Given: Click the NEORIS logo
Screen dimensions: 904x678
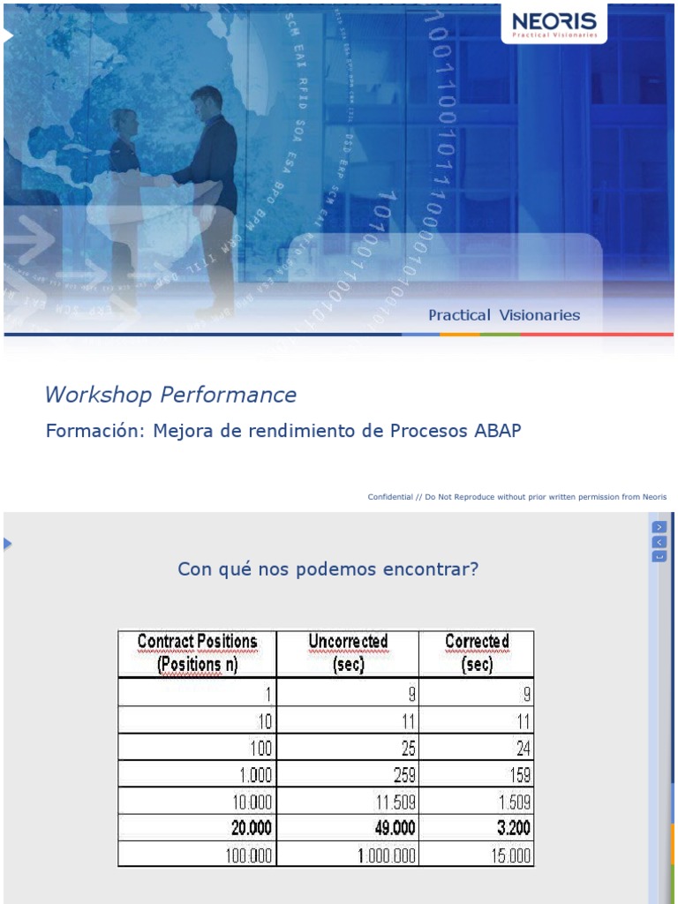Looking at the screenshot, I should coord(554,23).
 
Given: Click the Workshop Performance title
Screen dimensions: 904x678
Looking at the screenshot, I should coord(170,395).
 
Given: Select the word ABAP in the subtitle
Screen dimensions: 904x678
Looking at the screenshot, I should coord(497,431).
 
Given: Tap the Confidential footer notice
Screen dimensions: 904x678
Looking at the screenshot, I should coord(516,497).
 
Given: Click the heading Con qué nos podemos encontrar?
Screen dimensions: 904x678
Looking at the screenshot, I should coord(328,569).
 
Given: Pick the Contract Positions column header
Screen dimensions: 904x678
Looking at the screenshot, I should coord(197,653).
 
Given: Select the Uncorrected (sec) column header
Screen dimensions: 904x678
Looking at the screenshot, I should coord(348,653).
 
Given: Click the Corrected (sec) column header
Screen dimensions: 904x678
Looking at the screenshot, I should coord(477,653).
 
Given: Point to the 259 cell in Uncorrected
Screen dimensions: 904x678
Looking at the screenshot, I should coord(403,775).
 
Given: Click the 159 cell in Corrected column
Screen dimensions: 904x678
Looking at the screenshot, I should coord(517,775).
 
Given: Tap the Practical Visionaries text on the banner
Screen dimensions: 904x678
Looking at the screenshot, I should coord(504,315).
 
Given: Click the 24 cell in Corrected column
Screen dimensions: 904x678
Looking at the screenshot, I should coord(524,749).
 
